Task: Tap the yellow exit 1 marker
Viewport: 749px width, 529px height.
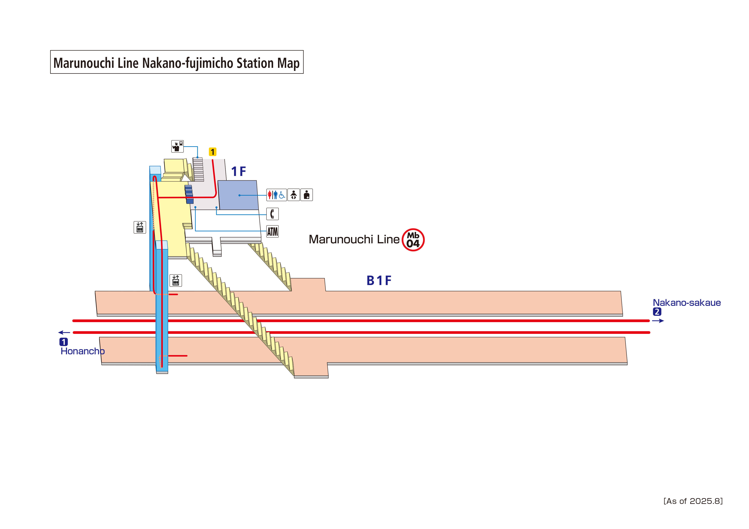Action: coord(212,152)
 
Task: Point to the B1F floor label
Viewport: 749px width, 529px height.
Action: coord(379,280)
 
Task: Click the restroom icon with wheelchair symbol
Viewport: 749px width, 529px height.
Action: coord(276,195)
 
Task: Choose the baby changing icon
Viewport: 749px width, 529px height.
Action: coord(294,195)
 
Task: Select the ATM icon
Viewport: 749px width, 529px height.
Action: coord(272,231)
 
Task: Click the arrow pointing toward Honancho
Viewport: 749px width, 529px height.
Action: coord(64,332)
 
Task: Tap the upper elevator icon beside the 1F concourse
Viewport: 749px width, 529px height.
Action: coord(140,227)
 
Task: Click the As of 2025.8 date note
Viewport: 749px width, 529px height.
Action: coord(693,501)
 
